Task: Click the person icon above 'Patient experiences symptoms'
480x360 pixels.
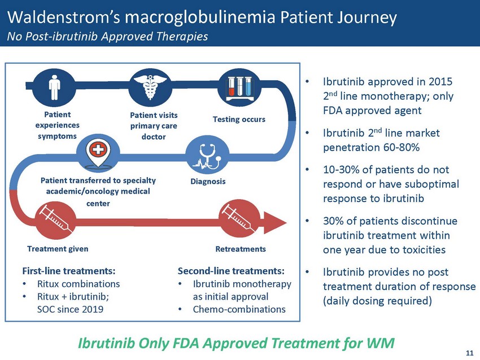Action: click(x=54, y=87)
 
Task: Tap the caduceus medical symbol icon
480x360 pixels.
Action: click(x=150, y=87)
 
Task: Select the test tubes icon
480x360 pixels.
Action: click(x=239, y=89)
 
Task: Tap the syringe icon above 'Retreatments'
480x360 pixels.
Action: click(x=238, y=218)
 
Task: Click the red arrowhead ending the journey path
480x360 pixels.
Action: click(x=274, y=223)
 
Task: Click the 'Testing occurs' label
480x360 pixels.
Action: click(x=239, y=119)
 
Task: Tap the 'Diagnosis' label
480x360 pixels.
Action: click(x=208, y=181)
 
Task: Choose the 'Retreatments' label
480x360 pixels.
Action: click(x=241, y=249)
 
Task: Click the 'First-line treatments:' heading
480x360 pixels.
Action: click(x=69, y=271)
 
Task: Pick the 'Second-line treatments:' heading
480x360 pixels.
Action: click(x=231, y=271)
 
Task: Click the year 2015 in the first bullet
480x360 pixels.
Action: click(x=440, y=82)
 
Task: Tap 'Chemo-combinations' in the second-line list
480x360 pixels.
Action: click(x=239, y=309)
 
